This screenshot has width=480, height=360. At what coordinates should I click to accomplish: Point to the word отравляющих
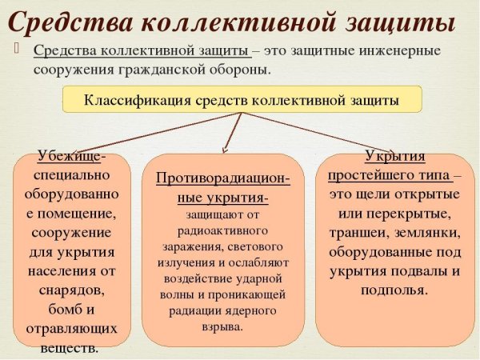point(66,329)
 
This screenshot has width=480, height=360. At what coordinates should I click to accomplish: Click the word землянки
point(426,233)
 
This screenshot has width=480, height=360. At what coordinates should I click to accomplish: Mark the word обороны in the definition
point(234,69)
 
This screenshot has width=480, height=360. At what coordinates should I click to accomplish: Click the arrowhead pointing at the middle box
point(226,149)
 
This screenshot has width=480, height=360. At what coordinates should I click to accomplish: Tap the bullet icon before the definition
point(18,50)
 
